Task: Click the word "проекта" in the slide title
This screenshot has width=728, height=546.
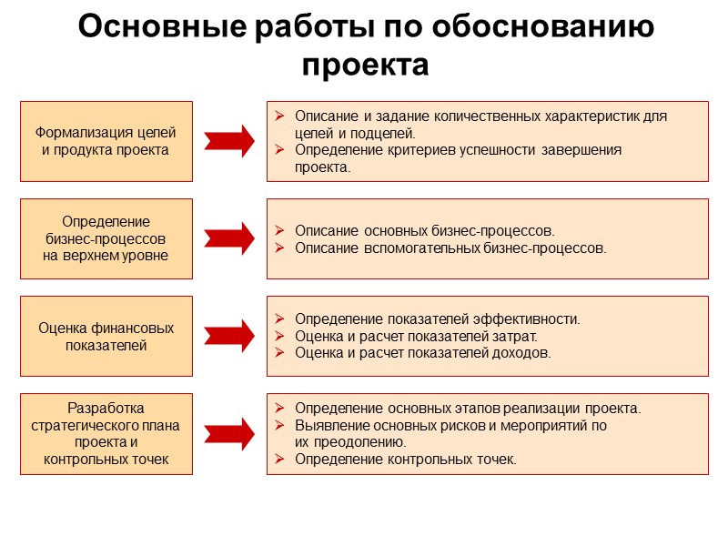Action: [x=364, y=65]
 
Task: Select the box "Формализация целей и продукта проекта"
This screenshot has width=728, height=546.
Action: [x=106, y=141]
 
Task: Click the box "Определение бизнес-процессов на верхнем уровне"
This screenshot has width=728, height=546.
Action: [x=106, y=238]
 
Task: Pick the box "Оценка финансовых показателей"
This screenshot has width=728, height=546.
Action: [x=106, y=336]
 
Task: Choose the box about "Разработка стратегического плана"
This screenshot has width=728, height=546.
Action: [x=106, y=433]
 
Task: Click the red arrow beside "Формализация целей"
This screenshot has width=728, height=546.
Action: [x=228, y=141]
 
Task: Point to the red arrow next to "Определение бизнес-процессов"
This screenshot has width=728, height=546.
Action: [x=228, y=238]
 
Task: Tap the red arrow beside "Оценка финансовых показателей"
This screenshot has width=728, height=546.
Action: [x=228, y=336]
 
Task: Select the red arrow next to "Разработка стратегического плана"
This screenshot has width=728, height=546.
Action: [x=228, y=433]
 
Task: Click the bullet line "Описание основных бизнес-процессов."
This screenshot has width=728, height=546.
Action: [x=424, y=230]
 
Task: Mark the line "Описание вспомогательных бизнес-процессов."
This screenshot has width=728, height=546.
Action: [x=450, y=248]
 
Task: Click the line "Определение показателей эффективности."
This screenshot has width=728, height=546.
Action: [x=437, y=318]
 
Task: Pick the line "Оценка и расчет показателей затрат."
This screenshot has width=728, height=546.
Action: [x=416, y=336]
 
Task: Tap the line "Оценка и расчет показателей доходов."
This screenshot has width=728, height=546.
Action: [x=422, y=353]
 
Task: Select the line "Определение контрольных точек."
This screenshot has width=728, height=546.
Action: [x=405, y=460]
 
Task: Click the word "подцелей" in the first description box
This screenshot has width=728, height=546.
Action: [x=386, y=133]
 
